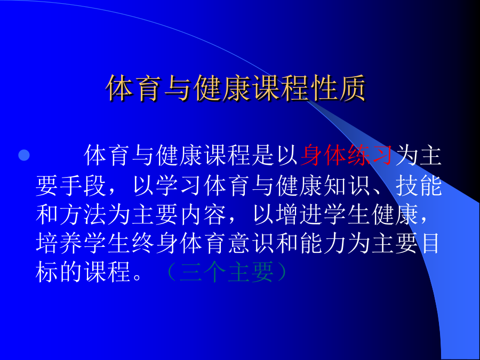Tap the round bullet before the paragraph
coord(24,155)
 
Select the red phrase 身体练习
coord(347,155)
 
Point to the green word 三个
coord(203,272)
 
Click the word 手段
coord(71,186)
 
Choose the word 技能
coord(419,186)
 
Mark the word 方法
coord(83,214)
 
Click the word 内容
coord(203,214)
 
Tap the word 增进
coord(299,214)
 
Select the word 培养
coord(59,243)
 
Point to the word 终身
coord(155,243)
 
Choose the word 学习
coord(179,186)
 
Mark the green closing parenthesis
coord(282,272)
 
